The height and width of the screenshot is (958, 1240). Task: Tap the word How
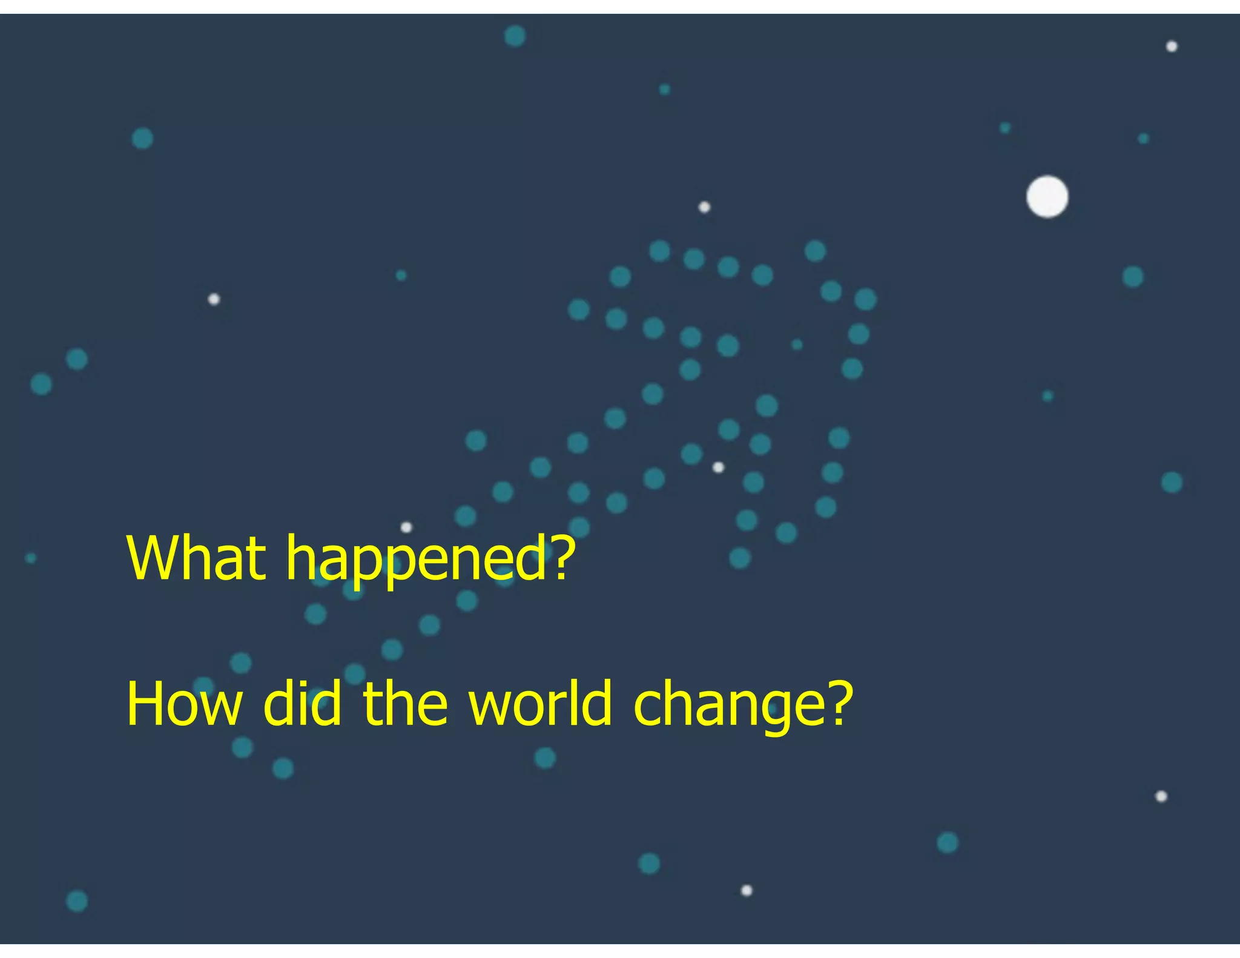[184, 704]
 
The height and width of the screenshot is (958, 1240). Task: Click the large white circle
[1047, 197]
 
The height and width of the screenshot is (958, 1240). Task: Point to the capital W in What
[151, 558]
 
